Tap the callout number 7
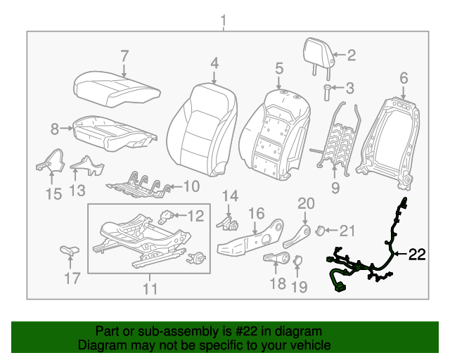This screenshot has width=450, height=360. pyautogui.click(x=124, y=56)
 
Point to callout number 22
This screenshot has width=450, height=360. pyautogui.click(x=418, y=255)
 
